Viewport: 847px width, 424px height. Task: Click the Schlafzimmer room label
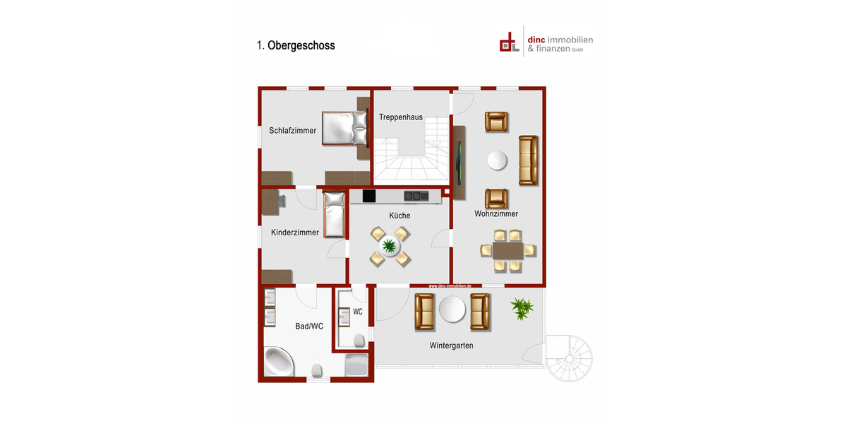coord(292,130)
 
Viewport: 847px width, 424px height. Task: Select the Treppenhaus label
coord(401,117)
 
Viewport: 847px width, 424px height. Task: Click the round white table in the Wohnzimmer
coord(497,161)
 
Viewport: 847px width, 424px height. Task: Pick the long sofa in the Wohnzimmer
coord(528,160)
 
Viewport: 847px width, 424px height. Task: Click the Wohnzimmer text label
coord(496,213)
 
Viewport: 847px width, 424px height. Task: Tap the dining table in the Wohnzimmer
coord(507,251)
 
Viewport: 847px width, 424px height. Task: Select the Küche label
coord(400,216)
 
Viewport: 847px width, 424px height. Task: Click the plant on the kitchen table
coord(389,246)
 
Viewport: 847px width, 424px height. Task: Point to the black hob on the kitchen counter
coord(369,196)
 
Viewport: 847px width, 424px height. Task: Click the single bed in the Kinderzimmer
coord(334,215)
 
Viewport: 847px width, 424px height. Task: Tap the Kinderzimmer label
coord(295,232)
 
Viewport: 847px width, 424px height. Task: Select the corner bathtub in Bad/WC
coord(280,363)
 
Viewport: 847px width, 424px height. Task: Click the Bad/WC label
coord(309,326)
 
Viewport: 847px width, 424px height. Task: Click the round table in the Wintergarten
coord(452,310)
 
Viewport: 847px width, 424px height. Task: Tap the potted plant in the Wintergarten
coord(522,307)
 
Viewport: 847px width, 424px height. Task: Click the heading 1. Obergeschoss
coord(296,45)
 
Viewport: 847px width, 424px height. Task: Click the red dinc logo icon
coord(508,42)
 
